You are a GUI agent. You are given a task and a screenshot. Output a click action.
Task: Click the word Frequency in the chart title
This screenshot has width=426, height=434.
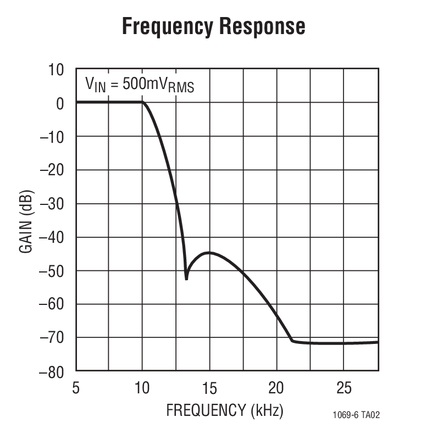pyautogui.click(x=165, y=26)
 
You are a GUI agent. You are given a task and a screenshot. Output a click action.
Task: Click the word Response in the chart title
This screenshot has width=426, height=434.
pyautogui.click(x=259, y=26)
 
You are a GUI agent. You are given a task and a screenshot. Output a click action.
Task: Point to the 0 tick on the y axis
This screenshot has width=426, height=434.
pyautogui.click(x=60, y=103)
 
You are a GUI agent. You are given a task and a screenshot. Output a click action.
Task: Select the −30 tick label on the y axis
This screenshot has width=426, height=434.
pyautogui.click(x=52, y=203)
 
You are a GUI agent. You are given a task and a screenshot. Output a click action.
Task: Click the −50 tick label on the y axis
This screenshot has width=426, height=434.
pyautogui.click(x=52, y=270)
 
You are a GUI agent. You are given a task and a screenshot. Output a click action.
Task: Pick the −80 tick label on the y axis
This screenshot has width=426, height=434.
pyautogui.click(x=52, y=371)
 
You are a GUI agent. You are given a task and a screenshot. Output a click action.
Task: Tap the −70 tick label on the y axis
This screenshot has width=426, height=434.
pyautogui.click(x=52, y=337)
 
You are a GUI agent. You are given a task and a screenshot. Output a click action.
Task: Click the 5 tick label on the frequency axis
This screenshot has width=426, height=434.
pyautogui.click(x=76, y=388)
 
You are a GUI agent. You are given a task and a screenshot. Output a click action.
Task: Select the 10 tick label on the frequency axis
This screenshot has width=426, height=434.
pyautogui.click(x=142, y=388)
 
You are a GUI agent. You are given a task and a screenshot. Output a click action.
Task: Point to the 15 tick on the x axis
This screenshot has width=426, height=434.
pyautogui.click(x=209, y=388)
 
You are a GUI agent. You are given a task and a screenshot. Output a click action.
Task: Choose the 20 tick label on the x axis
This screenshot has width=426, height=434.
pyautogui.click(x=276, y=388)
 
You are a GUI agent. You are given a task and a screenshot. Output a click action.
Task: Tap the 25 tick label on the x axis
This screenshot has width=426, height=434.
pyautogui.click(x=344, y=388)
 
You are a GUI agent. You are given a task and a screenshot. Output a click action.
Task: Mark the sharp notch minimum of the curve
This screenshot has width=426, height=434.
pyautogui.click(x=186, y=279)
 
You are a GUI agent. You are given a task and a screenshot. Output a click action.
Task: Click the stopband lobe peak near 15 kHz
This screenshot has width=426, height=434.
pyautogui.click(x=209, y=253)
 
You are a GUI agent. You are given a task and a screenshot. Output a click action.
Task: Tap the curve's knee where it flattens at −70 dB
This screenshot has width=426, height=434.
pyautogui.click(x=292, y=341)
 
